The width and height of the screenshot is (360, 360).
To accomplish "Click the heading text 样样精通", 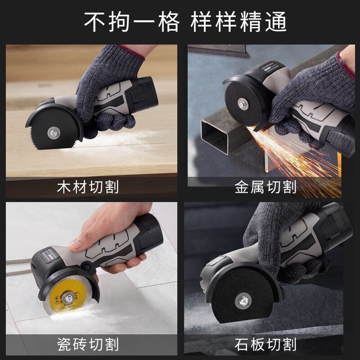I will tap(238, 22).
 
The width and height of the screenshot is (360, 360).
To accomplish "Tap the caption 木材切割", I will tap(88, 187).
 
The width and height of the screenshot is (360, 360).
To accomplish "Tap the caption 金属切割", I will tap(265, 187).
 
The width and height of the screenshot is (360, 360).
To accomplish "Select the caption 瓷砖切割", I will tap(88, 345).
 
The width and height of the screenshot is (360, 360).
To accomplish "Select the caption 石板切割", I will tap(265, 345).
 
